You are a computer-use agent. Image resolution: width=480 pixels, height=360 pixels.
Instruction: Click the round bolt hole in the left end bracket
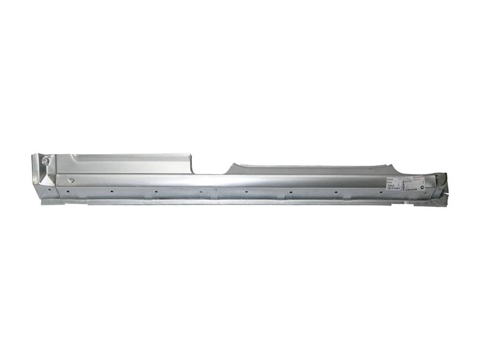[x=46, y=161]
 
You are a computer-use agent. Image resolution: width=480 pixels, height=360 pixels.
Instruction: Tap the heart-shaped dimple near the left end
[x=71, y=179]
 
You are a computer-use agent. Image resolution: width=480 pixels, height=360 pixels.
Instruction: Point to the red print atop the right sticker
[x=414, y=178]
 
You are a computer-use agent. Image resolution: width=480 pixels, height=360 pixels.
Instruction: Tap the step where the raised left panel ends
[x=191, y=163]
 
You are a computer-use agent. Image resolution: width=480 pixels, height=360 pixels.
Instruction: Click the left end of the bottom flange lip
[x=43, y=202]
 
